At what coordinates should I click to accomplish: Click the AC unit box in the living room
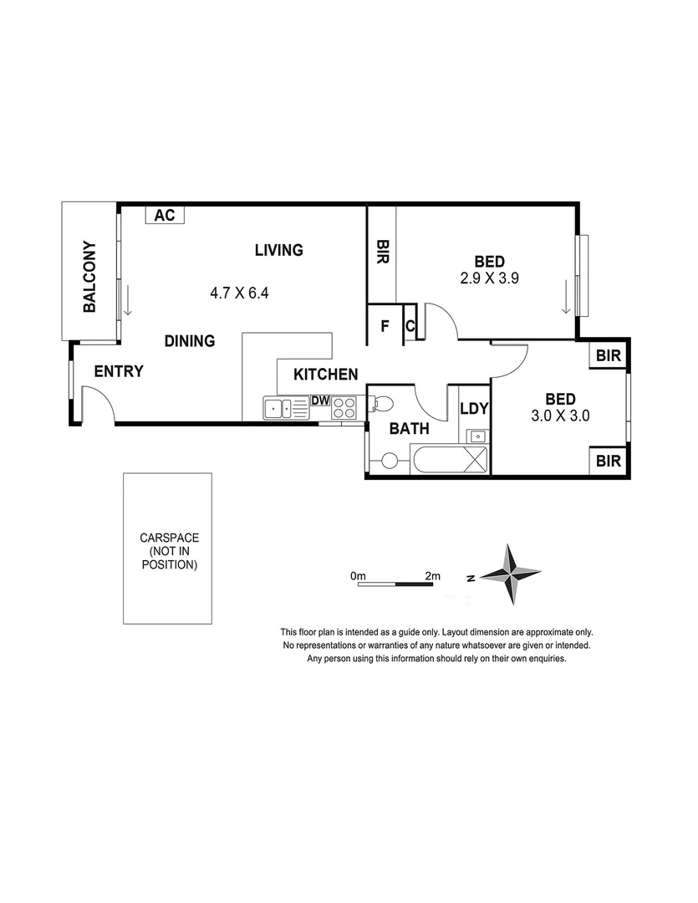point(166,215)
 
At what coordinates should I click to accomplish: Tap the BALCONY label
point(89,277)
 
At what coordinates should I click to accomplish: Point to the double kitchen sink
point(285,409)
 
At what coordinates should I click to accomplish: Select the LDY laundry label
point(474,409)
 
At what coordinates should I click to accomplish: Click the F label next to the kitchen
point(385,326)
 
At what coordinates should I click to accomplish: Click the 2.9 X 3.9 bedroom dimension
point(490,280)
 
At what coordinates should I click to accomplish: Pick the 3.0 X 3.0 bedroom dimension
point(561,416)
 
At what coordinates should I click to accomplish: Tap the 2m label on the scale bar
point(432,576)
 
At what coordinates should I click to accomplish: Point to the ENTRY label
point(119,372)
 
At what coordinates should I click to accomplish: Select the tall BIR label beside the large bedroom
point(383,253)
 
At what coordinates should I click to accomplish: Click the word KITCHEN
point(325,375)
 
